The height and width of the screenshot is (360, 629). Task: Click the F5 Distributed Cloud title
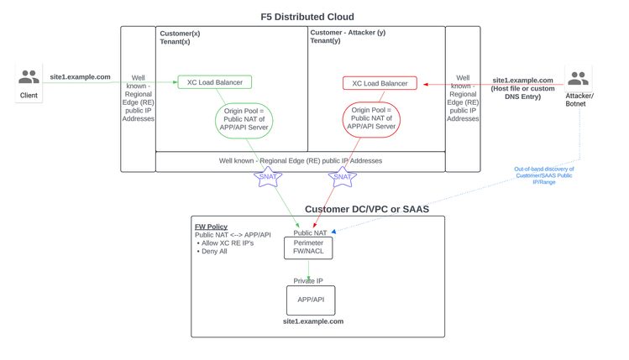tap(307, 17)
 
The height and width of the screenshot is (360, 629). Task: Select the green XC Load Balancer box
tap(214, 82)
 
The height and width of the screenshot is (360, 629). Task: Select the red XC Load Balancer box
tap(380, 83)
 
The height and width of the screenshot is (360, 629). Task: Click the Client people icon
tap(29, 78)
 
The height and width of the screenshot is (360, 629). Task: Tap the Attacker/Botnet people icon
tap(578, 79)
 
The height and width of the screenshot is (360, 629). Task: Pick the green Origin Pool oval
tap(244, 121)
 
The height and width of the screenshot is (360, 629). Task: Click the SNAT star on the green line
tap(268, 176)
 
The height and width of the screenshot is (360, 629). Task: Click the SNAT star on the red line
tap(342, 176)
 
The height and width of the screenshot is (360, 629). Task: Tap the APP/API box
tap(311, 300)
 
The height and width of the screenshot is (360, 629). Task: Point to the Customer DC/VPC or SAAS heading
tap(367, 209)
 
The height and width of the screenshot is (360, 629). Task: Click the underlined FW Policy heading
tap(211, 227)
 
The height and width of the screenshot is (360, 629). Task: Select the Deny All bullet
tap(214, 251)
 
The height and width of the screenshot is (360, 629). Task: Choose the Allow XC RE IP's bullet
tap(227, 243)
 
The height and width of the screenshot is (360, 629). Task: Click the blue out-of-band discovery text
tap(543, 175)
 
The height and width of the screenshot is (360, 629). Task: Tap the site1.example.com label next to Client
tap(80, 77)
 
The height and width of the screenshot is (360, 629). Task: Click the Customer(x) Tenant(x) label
tap(180, 37)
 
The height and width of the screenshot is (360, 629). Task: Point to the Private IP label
tap(308, 281)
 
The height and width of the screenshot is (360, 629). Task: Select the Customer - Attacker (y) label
tap(348, 33)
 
